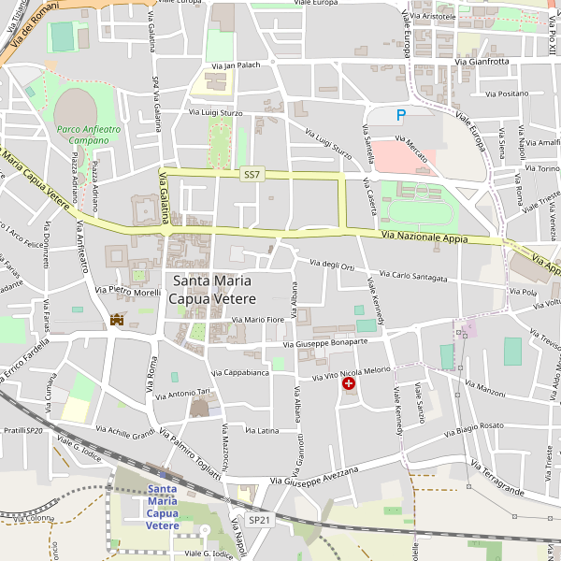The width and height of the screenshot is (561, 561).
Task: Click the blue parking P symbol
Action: pos(401,115)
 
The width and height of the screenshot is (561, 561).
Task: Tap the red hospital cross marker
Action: pos(349,383)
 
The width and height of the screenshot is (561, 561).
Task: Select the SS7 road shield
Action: pos(252,174)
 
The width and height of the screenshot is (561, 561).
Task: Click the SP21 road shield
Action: pos(259,519)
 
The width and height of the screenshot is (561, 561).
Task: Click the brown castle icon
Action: pos(117,320)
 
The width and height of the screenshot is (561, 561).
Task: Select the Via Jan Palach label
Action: pos(235,66)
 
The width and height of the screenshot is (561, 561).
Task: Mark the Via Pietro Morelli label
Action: pos(128,292)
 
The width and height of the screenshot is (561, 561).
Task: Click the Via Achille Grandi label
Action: pos(124,434)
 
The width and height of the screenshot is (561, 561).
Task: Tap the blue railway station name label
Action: pos(163,507)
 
